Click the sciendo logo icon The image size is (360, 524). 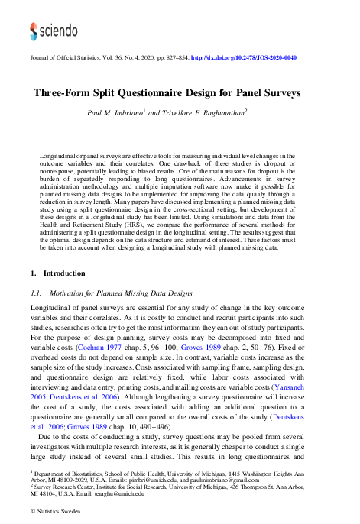(34, 30)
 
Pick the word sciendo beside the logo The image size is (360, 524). (59, 31)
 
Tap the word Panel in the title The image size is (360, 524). (258, 93)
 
